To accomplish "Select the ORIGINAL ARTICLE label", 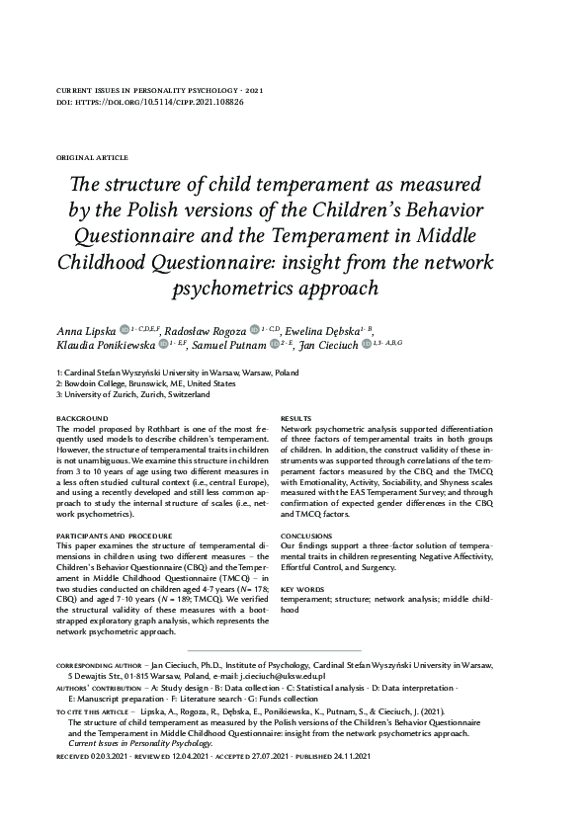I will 93,157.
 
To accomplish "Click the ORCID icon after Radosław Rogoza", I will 256,329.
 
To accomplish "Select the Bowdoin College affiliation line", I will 132,382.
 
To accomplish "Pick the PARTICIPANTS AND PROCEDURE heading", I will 115,535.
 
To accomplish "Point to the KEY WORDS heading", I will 302,588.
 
